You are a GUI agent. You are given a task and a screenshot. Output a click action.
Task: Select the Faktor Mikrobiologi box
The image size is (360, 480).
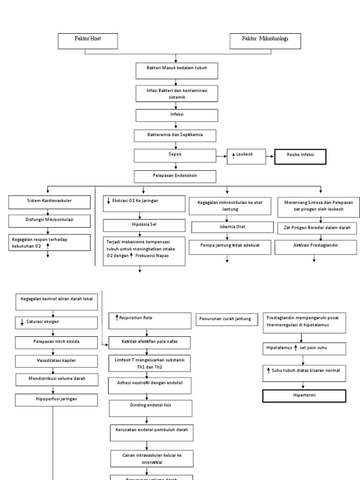coord(265,41)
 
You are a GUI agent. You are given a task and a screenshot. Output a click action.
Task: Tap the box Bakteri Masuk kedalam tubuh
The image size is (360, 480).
coord(175,70)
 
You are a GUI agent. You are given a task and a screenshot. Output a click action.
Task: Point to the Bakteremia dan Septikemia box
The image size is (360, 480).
coord(175,135)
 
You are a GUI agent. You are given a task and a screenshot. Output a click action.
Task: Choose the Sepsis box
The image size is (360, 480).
coord(175,156)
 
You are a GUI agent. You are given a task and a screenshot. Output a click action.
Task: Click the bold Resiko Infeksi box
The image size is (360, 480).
coord(300,157)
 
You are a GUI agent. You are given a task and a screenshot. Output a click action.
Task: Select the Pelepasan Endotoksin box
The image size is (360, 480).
coord(175,176)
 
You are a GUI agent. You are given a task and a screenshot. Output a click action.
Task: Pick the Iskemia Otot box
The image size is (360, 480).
coord(227,227)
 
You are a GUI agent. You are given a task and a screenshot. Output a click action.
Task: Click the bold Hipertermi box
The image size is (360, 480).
coord(304,396)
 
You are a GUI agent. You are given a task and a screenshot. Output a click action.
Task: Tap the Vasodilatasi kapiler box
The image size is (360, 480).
coord(57,361)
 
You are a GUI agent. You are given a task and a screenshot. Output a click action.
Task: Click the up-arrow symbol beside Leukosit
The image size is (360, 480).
coord(233,156)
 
